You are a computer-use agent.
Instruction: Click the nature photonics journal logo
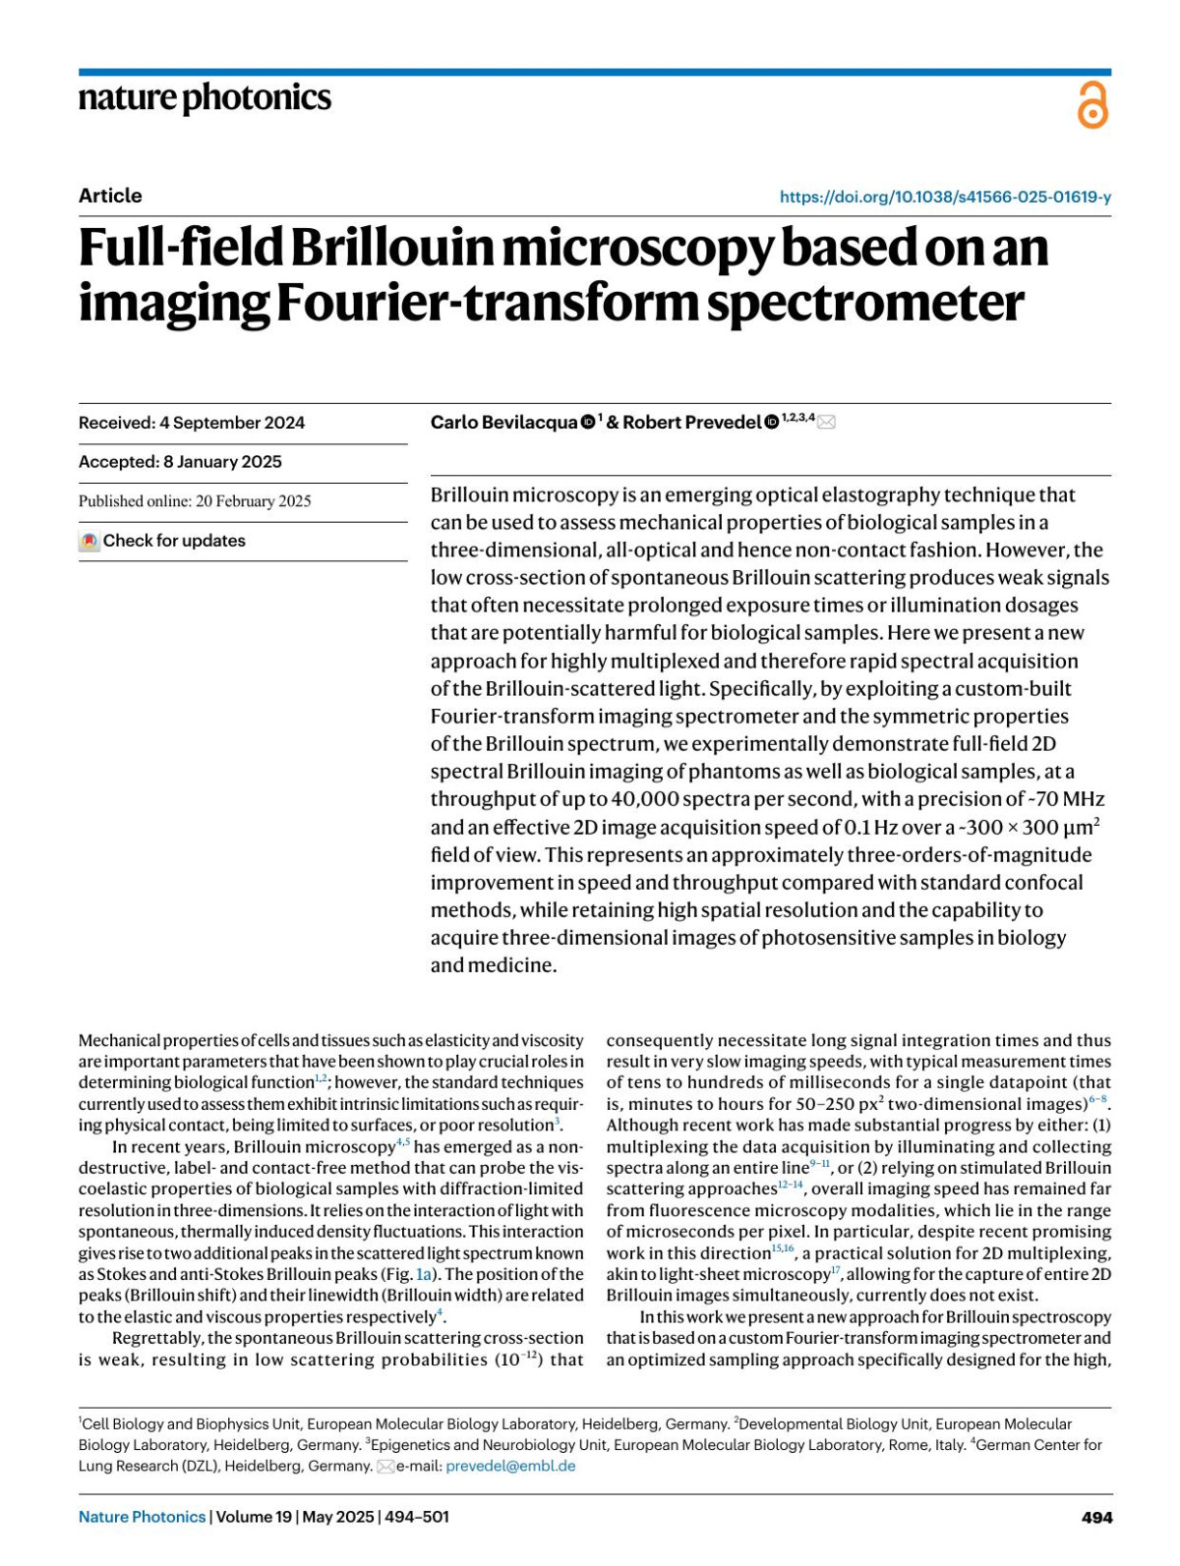point(205,98)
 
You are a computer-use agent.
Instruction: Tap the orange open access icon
point(1092,105)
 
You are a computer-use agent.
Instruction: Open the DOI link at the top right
point(945,197)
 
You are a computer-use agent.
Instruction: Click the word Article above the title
point(110,196)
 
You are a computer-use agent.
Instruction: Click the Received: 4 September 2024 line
point(192,423)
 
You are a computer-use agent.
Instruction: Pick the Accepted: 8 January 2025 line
point(180,462)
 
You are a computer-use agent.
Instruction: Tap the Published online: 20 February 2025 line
point(195,501)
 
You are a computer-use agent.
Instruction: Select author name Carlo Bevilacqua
point(503,423)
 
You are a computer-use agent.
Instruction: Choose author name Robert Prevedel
point(692,423)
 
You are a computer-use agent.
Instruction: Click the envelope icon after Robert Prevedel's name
point(827,423)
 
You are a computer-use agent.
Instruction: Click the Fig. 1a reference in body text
point(422,1274)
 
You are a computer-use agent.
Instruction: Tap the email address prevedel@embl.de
point(510,1466)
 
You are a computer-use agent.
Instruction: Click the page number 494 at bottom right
point(1096,1517)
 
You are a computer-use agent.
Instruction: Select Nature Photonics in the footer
point(143,1517)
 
